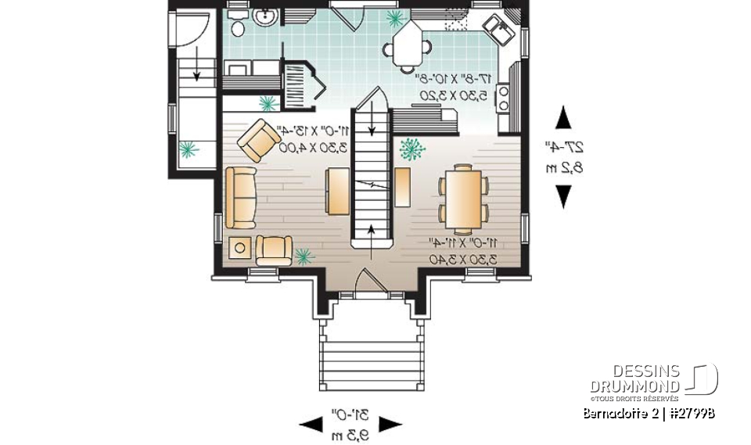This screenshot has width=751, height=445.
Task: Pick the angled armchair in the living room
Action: tap(259, 140)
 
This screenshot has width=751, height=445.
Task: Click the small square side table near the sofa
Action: tap(240, 248)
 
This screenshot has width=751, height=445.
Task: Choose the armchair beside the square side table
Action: tap(274, 250)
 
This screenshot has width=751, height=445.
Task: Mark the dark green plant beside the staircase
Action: tap(411, 148)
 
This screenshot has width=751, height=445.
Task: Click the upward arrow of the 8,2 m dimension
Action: tap(562, 119)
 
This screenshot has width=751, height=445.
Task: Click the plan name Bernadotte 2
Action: tap(618, 413)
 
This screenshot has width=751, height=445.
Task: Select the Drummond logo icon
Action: tap(702, 379)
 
